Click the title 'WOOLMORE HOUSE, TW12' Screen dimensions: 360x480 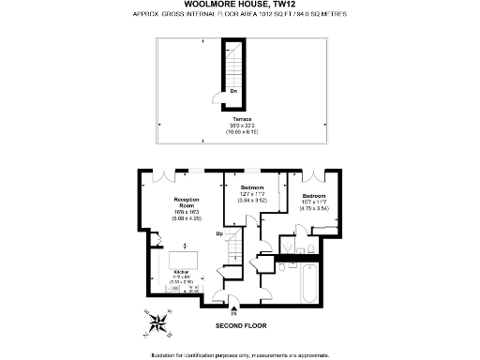(239, 6)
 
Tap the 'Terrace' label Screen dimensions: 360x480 (241, 120)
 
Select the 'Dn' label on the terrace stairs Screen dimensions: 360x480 (232, 91)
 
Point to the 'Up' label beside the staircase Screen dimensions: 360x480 (219, 233)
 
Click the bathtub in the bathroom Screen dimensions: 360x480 (309, 282)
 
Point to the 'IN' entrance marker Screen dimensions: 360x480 (234, 312)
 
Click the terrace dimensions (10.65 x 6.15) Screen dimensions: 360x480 (241, 132)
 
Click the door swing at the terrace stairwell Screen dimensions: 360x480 (217, 97)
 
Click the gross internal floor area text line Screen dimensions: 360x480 (240, 17)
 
